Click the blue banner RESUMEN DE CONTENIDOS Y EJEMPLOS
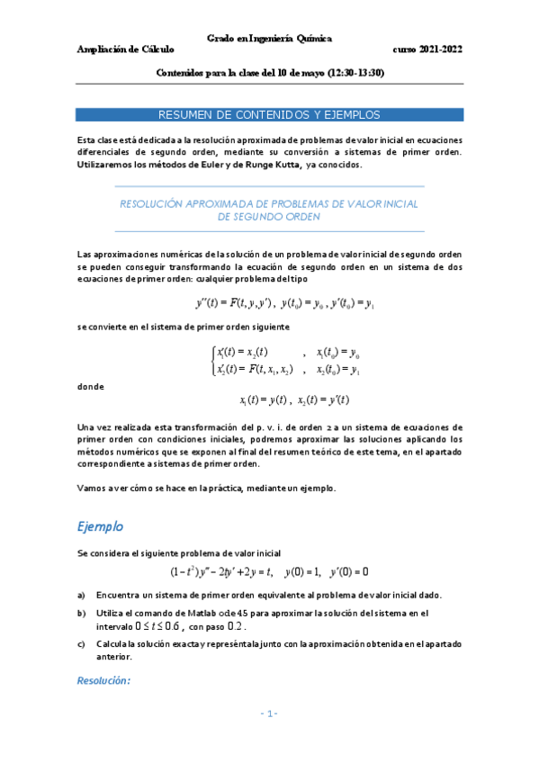[x=269, y=115]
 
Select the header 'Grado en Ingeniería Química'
[x=269, y=39]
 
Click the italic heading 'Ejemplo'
[x=100, y=525]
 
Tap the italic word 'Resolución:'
[x=104, y=680]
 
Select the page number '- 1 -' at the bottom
[x=269, y=714]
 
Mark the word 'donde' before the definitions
[x=91, y=387]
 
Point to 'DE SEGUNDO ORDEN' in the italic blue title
[x=269, y=217]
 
